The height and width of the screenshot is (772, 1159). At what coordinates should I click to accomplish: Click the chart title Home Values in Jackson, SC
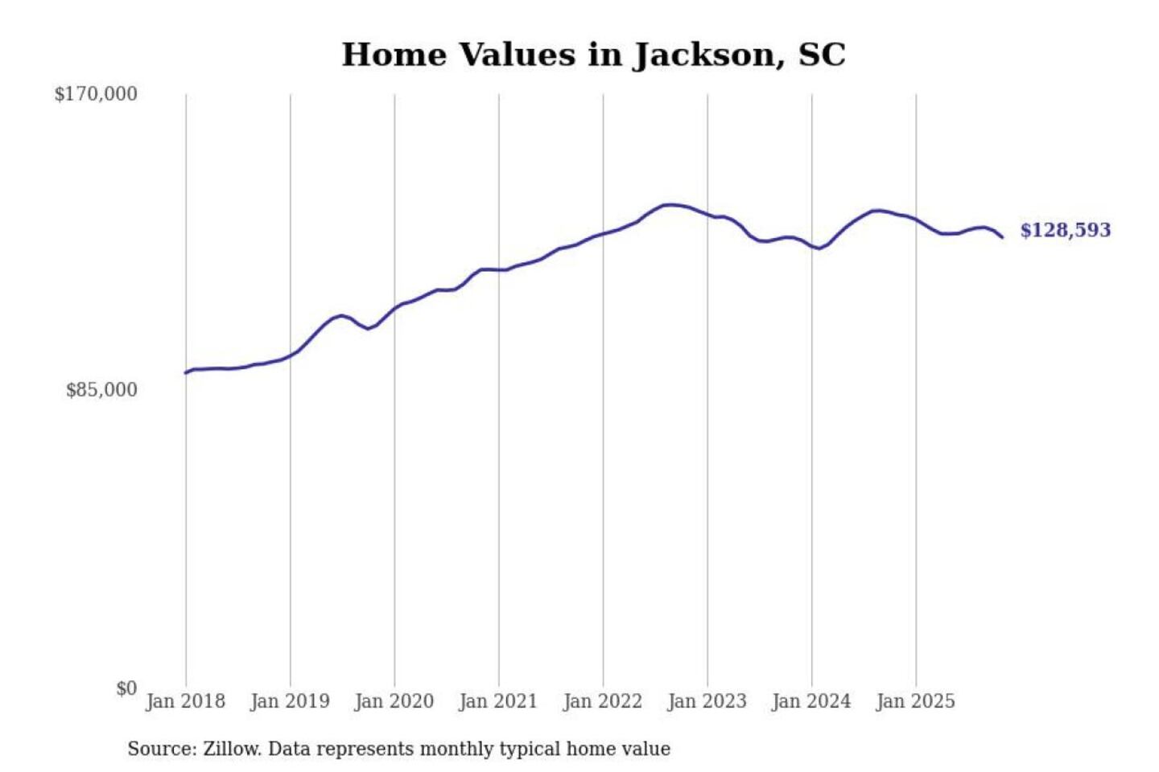click(593, 55)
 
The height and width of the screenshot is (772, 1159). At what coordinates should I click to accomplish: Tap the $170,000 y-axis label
click(96, 94)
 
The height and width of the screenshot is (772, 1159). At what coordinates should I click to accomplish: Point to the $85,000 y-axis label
click(101, 390)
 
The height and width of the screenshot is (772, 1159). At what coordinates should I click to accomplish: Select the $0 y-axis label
click(126, 688)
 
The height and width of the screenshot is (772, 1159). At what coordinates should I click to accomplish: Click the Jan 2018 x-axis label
click(185, 701)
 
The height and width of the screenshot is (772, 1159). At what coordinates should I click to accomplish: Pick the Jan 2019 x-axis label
click(290, 701)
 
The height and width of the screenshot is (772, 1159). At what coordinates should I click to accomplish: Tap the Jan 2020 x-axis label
click(394, 701)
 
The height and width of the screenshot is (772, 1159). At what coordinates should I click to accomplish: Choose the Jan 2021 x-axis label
click(498, 701)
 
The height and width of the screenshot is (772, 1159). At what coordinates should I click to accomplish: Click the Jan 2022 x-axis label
click(603, 701)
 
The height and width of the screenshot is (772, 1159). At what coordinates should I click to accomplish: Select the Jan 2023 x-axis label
click(707, 701)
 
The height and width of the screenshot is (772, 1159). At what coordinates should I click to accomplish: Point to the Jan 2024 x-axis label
click(811, 701)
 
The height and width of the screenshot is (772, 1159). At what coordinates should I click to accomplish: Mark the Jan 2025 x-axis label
click(915, 701)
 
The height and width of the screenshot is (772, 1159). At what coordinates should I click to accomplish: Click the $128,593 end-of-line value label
click(1065, 230)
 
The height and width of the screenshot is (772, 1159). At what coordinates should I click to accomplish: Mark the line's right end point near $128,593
click(1002, 237)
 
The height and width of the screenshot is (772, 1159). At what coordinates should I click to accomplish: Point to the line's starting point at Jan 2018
click(186, 372)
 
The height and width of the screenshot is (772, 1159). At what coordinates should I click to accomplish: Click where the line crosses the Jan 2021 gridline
click(499, 270)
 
